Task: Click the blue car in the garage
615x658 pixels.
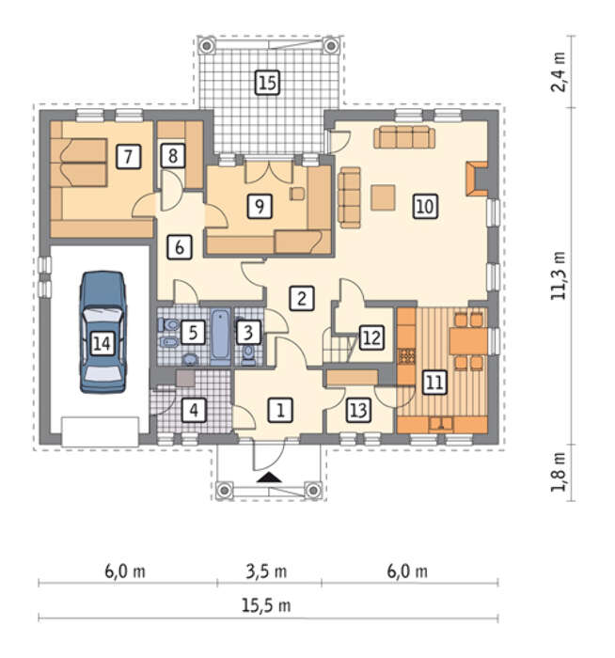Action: tap(102, 332)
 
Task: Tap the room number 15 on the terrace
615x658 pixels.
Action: tap(268, 83)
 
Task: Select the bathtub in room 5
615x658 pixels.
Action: tap(220, 337)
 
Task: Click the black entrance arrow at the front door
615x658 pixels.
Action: tap(270, 478)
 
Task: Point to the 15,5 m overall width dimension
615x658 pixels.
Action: tap(266, 605)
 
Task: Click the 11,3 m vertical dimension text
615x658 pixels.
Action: tap(559, 275)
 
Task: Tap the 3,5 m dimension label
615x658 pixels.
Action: tap(266, 572)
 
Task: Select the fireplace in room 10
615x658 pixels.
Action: tap(477, 179)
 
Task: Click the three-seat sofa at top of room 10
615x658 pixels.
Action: tap(404, 137)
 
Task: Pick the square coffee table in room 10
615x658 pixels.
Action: tap(383, 197)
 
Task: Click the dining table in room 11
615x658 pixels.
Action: tap(468, 340)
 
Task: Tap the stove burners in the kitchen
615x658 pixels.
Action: tap(406, 356)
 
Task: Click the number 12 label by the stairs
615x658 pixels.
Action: tap(371, 337)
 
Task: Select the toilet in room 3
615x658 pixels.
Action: tap(249, 353)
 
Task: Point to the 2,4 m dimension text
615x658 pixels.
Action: tap(559, 71)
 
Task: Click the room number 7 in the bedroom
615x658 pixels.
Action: tap(128, 157)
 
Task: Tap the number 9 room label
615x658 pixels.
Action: tap(260, 206)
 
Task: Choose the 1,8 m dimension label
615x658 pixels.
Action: tap(559, 471)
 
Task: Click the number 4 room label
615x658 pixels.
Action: tap(194, 410)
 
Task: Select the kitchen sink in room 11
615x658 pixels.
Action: tap(441, 424)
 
